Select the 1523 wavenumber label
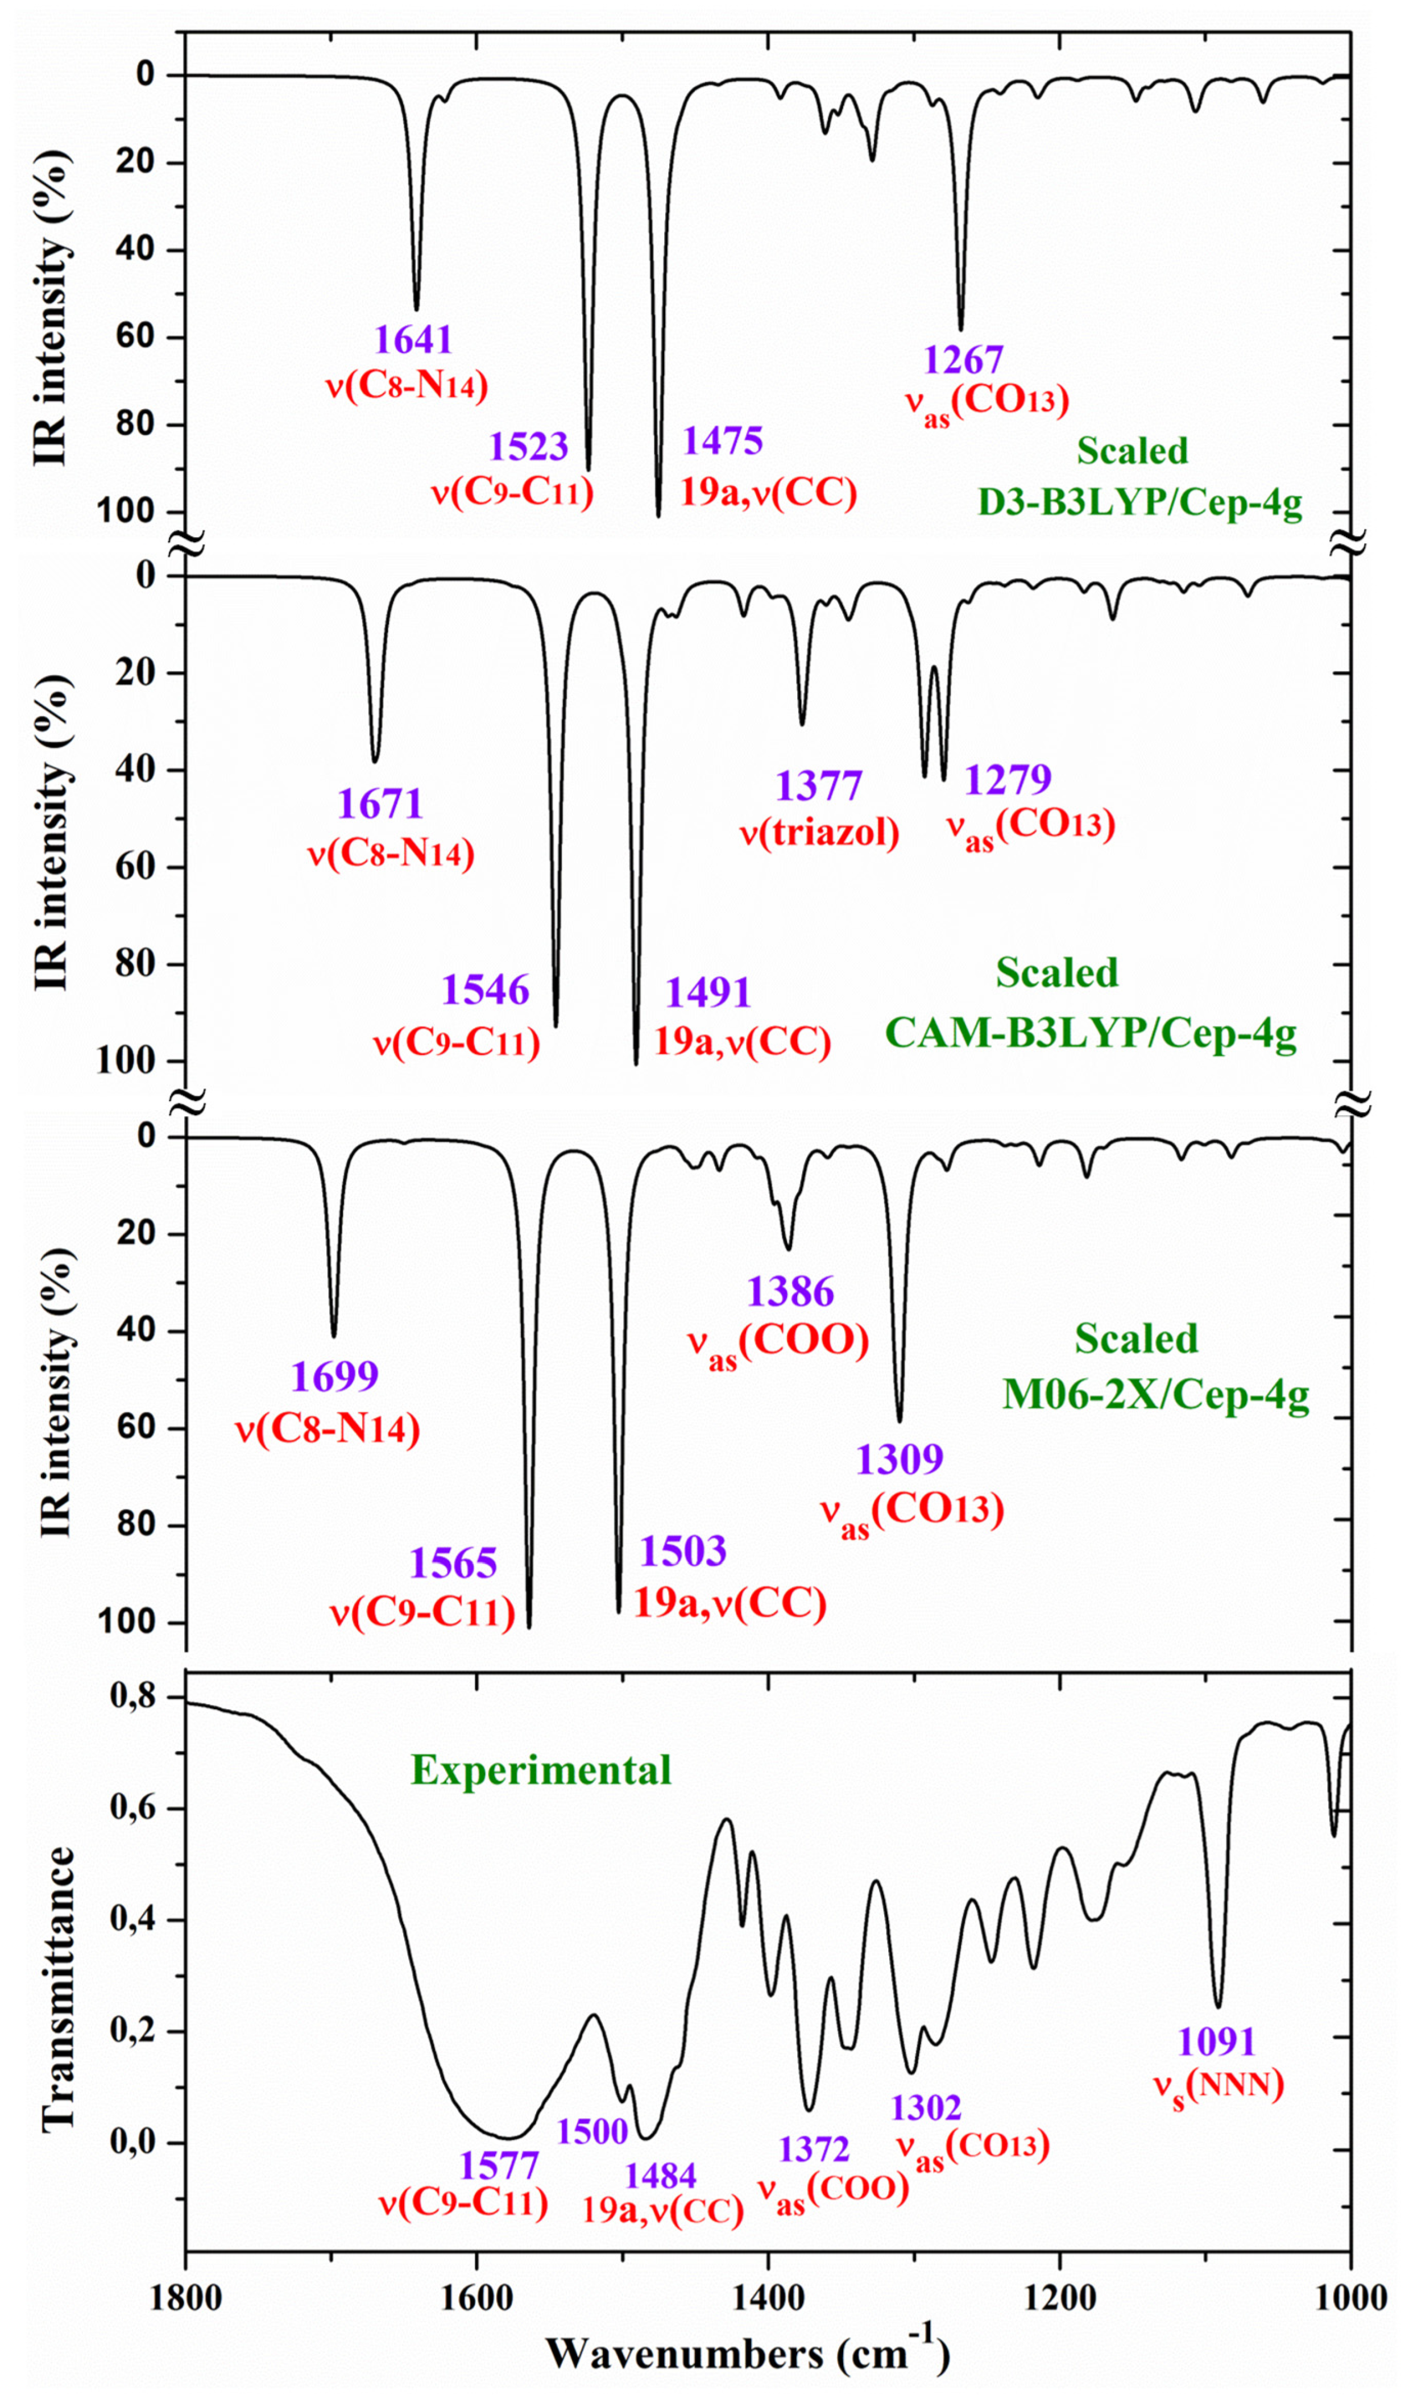coord(529,446)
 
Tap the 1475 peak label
coord(723,441)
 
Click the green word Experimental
coord(541,1770)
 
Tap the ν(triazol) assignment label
coord(819,833)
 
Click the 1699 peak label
coord(334,1376)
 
